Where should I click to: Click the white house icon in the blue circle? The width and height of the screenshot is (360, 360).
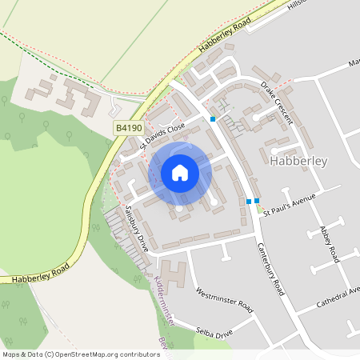(180, 172)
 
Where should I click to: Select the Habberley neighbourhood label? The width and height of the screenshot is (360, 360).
(299, 161)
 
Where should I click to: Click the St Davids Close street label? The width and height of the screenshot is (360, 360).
(162, 135)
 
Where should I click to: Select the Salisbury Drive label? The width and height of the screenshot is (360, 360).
(137, 227)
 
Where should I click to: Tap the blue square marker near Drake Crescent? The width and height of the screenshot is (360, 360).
(213, 119)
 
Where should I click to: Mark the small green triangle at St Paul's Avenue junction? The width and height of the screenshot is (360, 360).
(258, 209)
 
